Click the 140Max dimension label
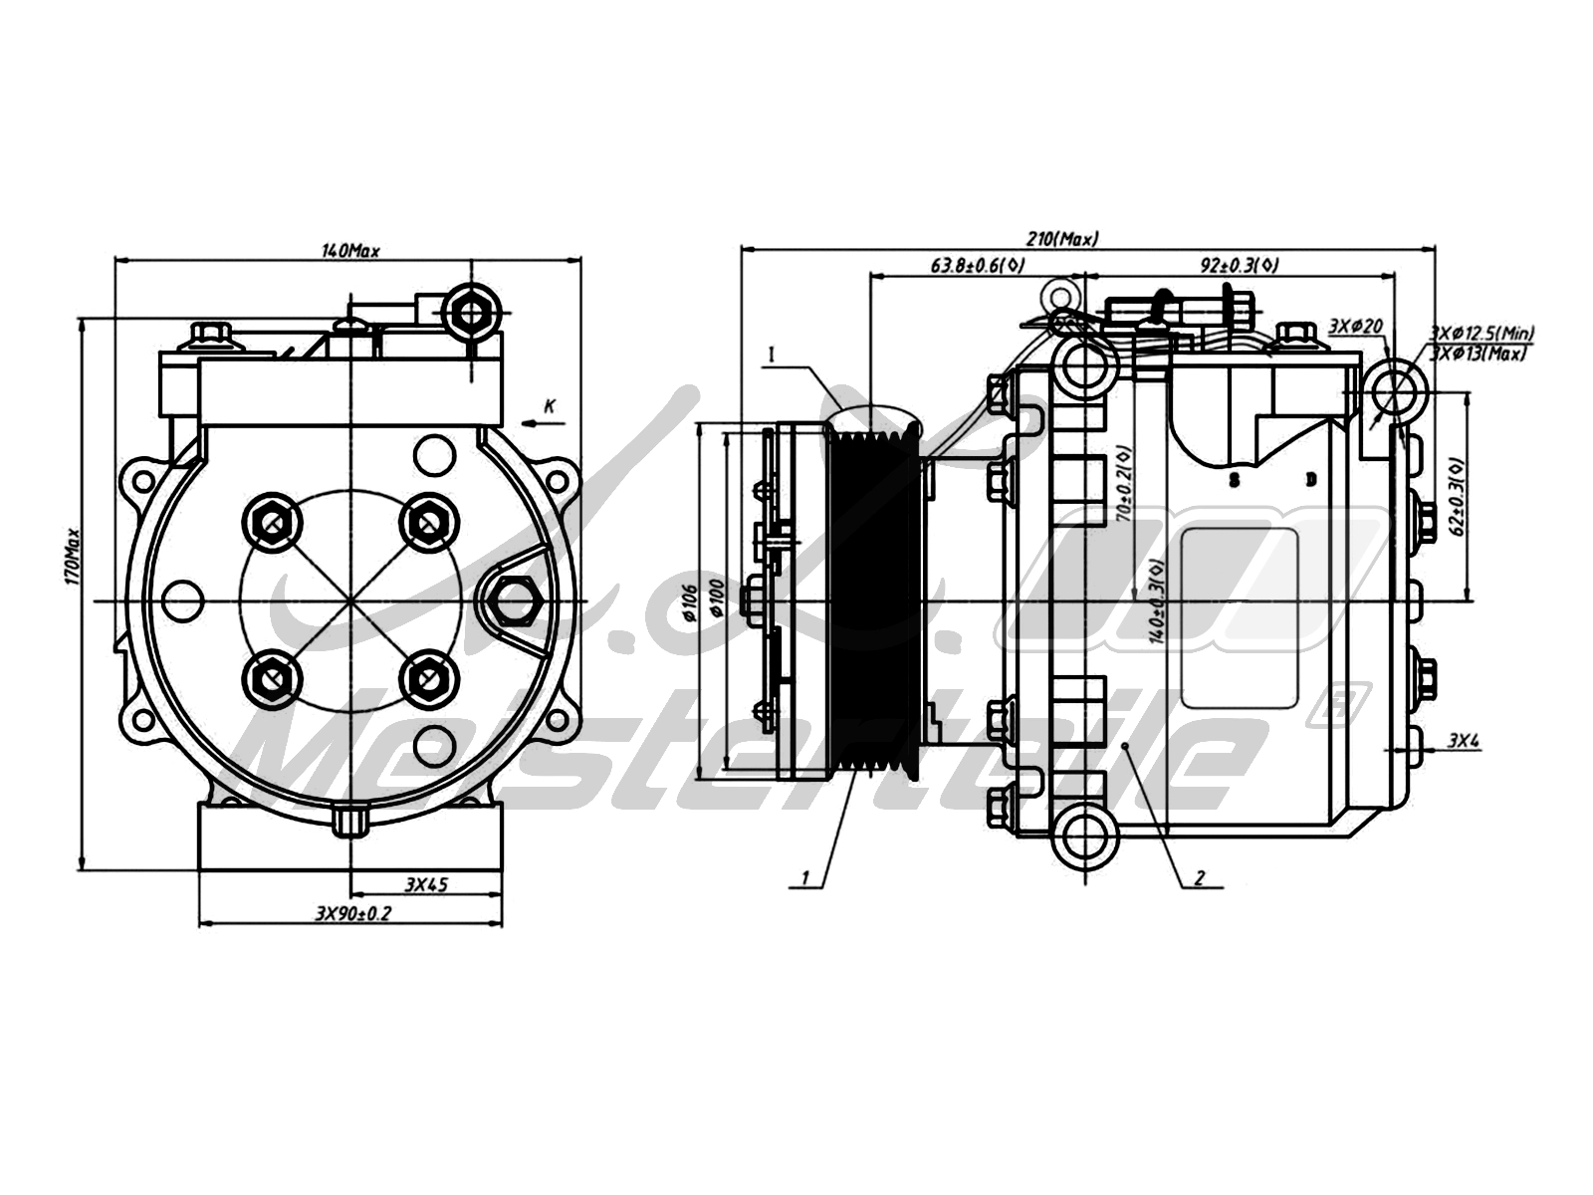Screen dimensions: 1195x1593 coord(350,250)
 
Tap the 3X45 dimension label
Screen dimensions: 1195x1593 coord(425,883)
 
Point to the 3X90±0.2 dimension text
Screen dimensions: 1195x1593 coord(352,913)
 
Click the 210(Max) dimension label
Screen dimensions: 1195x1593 coord(1062,239)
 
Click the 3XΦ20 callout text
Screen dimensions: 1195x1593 coord(1356,327)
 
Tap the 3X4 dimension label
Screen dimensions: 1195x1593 coord(1464,740)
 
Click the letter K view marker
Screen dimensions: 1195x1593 coord(550,406)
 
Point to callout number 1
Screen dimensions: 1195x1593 coord(806,878)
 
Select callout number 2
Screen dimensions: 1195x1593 coord(1199,878)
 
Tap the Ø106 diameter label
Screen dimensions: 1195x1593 coord(688,603)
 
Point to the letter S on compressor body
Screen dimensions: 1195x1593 coord(1234,480)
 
